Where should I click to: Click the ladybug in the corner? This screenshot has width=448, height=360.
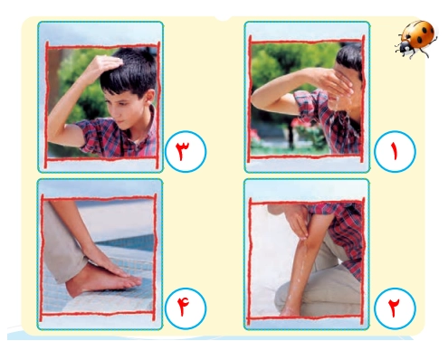tap(416, 39)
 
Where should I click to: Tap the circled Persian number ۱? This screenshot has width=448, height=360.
tap(395, 151)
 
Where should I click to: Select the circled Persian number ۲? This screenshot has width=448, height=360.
tap(395, 308)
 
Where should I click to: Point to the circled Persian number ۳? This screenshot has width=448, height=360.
tap(186, 151)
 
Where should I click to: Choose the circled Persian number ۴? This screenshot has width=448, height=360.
tap(186, 308)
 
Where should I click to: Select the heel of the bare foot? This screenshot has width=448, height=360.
tap(71, 289)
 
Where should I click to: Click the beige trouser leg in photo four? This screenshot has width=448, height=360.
tap(62, 242)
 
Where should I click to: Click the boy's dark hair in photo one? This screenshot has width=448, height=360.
tap(351, 56)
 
